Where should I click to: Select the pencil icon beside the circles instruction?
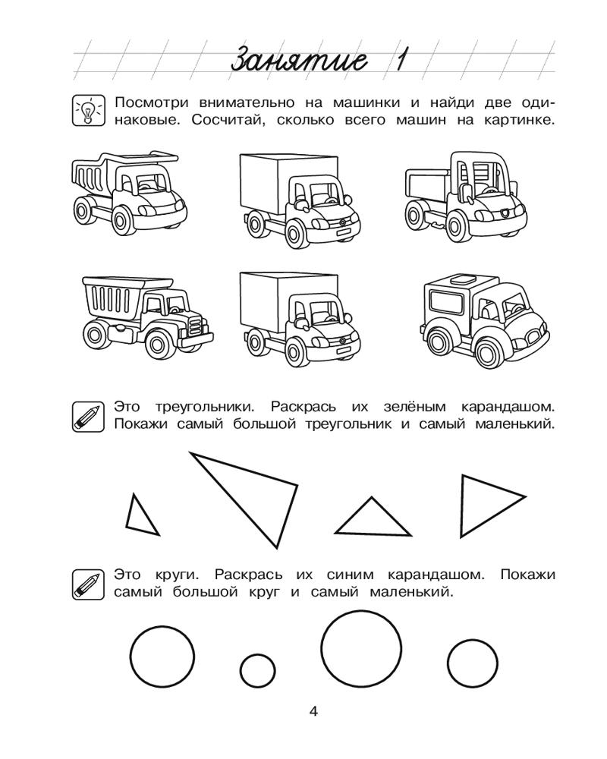[x=86, y=584]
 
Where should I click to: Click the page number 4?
[x=313, y=711]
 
